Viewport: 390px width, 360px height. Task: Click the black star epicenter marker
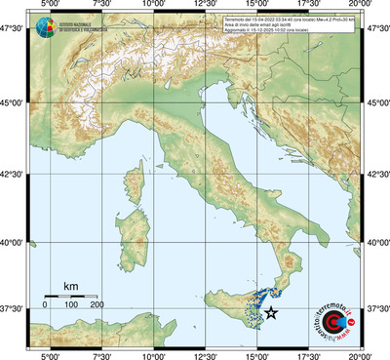point(272,313)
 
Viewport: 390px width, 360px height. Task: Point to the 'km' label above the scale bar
point(70,285)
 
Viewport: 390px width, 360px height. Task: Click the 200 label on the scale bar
point(97,305)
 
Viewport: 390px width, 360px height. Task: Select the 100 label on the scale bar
point(71,305)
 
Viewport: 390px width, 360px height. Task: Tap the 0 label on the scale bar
point(45,305)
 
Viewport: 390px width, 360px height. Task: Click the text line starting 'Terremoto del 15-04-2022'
point(289,19)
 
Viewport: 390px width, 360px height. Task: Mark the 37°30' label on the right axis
point(376,308)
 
